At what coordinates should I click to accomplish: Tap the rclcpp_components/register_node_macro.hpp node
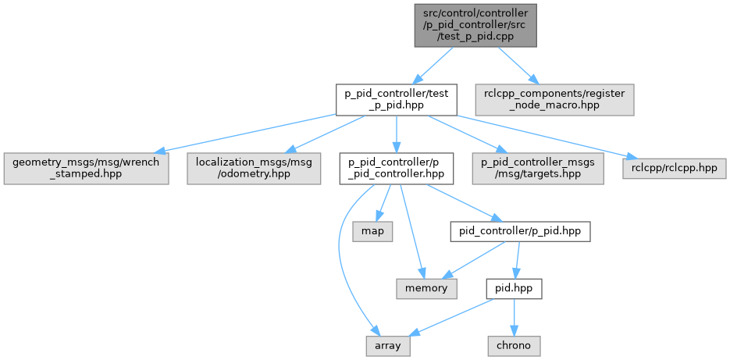coord(554,99)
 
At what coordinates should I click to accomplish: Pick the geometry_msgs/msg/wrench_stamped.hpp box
coord(86,167)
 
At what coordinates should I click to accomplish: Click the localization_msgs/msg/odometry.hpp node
coord(254,167)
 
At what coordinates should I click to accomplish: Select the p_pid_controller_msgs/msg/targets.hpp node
coord(538,167)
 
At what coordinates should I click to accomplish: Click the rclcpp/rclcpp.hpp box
coord(675,167)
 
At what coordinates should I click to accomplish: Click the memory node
coord(426,288)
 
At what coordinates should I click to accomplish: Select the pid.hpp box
coord(513,288)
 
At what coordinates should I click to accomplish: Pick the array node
coord(388,344)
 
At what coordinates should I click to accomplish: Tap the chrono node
coord(513,344)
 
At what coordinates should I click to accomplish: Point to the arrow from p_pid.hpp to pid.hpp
coord(516,260)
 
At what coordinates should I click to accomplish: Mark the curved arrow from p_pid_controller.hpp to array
coord(339,250)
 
